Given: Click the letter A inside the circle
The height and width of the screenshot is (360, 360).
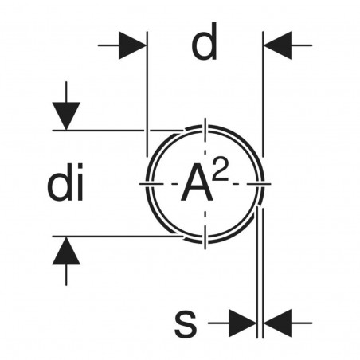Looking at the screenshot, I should point(196,184).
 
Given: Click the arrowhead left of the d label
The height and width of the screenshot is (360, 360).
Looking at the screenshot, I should point(133,45).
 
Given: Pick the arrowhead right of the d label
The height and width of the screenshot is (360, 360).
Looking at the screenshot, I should point(276,45).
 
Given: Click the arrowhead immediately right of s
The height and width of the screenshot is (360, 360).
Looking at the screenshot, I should point(241,323).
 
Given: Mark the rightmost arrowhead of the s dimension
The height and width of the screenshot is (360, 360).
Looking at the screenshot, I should point(276,323).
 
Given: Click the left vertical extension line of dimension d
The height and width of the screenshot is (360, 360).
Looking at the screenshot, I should point(147,96).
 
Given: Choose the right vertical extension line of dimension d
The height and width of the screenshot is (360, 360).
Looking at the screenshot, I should point(262,96).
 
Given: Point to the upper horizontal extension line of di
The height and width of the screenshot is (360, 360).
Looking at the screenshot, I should point(112,130).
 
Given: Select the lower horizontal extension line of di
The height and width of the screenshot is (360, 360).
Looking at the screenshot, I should point(112,236).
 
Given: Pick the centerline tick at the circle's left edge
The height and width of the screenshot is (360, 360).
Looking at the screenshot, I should point(148,184).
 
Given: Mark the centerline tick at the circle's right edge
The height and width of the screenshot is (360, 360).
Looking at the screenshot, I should point(263,184).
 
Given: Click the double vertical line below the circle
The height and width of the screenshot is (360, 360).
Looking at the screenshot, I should point(259,271).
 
